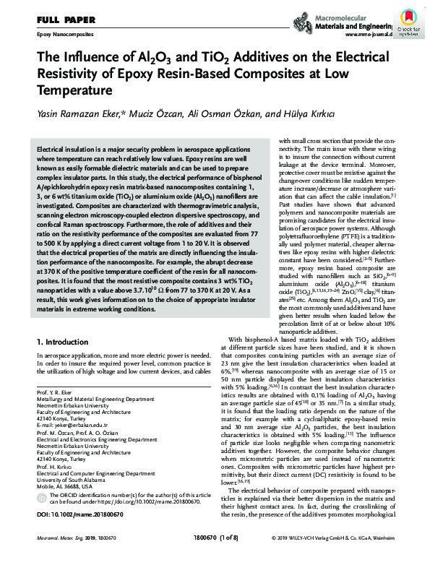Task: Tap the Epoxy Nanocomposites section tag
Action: tap(65, 34)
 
